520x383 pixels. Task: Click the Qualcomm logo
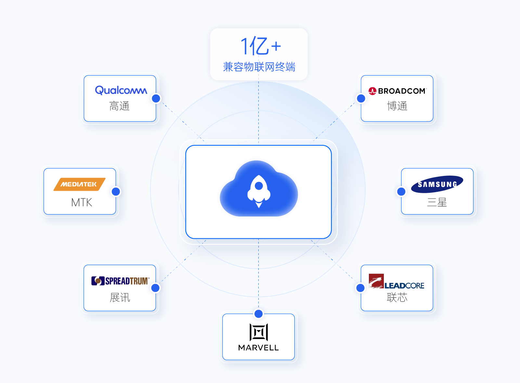(x=121, y=90)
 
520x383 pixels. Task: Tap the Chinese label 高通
(x=120, y=106)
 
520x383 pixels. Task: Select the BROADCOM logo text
(x=402, y=91)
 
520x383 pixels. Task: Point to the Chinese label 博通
(x=397, y=106)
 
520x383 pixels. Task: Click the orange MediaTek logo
(x=80, y=184)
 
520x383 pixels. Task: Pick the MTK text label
(x=82, y=203)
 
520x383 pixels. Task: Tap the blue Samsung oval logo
(x=437, y=184)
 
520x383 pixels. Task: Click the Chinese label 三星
(x=437, y=203)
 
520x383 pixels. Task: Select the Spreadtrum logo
(x=121, y=281)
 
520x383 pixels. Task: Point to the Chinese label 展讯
(x=120, y=298)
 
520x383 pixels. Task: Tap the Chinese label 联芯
(x=397, y=298)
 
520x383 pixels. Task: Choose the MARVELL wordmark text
(x=258, y=348)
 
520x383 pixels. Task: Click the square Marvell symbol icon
(x=259, y=332)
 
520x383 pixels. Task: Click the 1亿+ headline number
(x=260, y=46)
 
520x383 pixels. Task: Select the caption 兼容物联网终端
(x=259, y=67)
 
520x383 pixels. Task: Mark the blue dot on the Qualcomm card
(x=156, y=98)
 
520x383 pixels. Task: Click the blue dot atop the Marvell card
(x=259, y=314)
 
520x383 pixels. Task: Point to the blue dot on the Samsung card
(x=401, y=191)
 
